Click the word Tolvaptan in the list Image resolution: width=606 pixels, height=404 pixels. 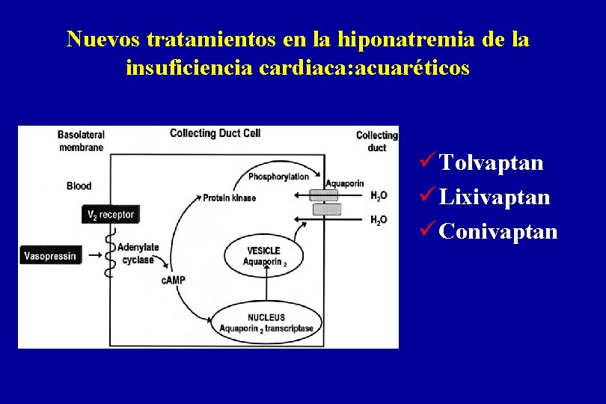492,163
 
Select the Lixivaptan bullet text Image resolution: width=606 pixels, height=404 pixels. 495,198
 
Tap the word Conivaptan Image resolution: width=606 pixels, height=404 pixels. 498,231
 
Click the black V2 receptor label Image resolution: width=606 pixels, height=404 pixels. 111,215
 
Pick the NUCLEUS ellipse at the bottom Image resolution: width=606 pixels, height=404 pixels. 267,322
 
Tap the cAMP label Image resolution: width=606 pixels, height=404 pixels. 173,280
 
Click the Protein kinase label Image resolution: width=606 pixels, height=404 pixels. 229,198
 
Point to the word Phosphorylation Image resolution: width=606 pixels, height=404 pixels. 278,177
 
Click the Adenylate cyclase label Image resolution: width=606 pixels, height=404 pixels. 138,254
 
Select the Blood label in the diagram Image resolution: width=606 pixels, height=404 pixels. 79,186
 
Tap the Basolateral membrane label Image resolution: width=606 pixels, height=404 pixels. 80,141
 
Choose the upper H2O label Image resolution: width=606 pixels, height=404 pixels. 379,196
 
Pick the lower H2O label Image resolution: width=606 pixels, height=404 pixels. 379,220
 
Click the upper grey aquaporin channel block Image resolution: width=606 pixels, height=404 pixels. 325,195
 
